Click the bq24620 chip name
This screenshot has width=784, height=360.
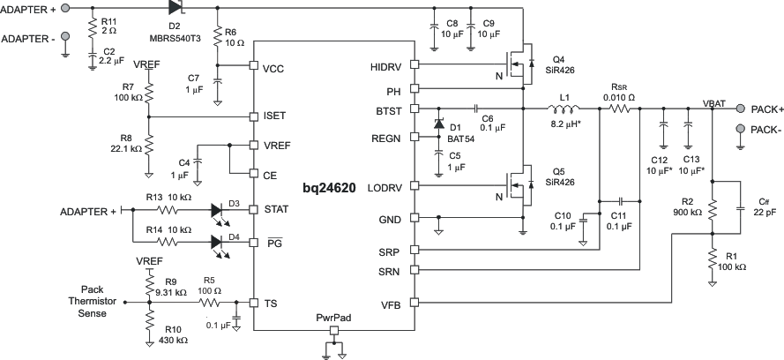(x=334, y=190)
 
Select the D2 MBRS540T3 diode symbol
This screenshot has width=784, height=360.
(x=175, y=7)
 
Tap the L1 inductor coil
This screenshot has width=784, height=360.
(x=564, y=109)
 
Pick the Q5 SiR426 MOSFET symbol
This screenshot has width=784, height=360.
(x=519, y=187)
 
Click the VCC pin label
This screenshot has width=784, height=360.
(x=274, y=66)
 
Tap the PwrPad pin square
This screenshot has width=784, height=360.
(x=333, y=331)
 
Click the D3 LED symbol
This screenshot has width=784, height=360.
(x=220, y=211)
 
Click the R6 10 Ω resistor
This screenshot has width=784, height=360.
(x=218, y=39)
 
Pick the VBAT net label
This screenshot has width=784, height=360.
(x=715, y=102)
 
